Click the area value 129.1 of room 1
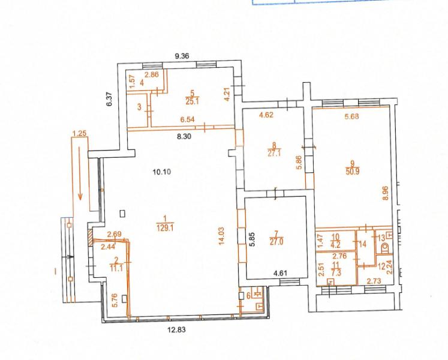[x=165, y=228]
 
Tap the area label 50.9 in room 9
[x=352, y=172]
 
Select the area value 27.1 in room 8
[x=274, y=153]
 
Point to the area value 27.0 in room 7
[x=276, y=242]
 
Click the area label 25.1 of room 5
[x=192, y=101]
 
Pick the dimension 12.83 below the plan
[x=176, y=329]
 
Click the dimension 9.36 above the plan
[x=182, y=56]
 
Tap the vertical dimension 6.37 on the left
[x=109, y=99]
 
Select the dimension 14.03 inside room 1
[x=221, y=236]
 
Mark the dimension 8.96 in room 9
[x=386, y=193]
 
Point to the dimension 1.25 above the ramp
[x=80, y=133]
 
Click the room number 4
[x=142, y=83]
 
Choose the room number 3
[x=139, y=107]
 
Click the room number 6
[x=248, y=295]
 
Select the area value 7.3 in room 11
[x=336, y=273]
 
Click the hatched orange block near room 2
[x=91, y=237]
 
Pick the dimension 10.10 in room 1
[x=162, y=172]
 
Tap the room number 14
[x=363, y=244]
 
